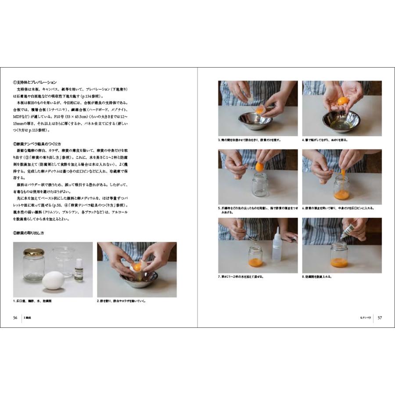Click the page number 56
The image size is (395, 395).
pyautogui.click(x=15, y=318)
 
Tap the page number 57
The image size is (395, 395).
pyautogui.click(x=380, y=318)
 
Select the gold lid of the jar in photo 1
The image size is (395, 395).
pyautogui.click(x=34, y=253)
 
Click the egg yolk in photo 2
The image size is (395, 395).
pyautogui.click(x=137, y=266)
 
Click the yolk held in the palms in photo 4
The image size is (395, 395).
pyautogui.click(x=342, y=101)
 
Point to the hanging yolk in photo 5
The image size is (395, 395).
pyautogui.click(x=259, y=167)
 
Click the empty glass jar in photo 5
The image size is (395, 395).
pyautogui.click(x=260, y=186)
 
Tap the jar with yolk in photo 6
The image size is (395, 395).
pyautogui.click(x=341, y=189)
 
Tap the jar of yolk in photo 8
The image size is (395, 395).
pyautogui.click(x=339, y=257)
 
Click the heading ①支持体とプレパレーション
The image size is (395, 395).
pyautogui.click(x=35, y=82)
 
